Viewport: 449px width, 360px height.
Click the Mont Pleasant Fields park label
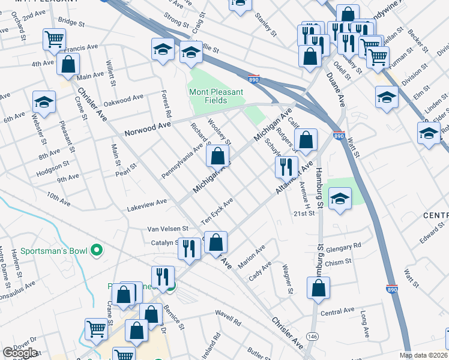216,96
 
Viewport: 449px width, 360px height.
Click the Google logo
20,353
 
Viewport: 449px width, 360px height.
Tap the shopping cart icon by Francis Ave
54,40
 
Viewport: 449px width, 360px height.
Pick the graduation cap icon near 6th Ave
44,103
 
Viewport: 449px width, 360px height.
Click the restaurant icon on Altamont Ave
286,166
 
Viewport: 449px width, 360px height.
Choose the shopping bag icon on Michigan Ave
217,157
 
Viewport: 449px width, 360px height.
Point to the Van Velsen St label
168,229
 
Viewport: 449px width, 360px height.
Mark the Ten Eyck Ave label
217,212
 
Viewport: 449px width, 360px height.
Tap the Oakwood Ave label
123,97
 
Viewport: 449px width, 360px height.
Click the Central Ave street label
337,311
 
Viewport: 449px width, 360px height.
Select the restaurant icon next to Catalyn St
189,248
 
